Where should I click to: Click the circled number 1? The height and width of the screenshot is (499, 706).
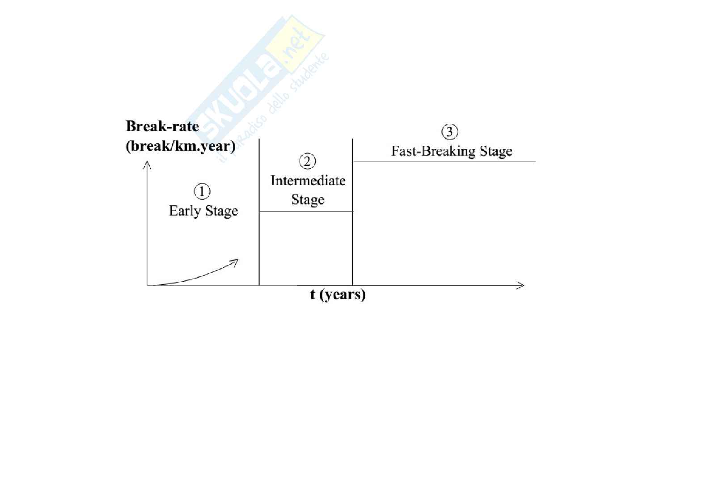(x=202, y=191)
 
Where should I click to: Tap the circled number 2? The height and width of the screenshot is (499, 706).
(x=307, y=161)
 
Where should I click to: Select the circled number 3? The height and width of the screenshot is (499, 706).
(x=450, y=132)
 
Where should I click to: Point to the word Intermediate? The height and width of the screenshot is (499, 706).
(x=308, y=181)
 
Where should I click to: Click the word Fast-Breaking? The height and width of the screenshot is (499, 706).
(x=433, y=151)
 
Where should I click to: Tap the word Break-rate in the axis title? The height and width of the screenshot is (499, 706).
(x=162, y=126)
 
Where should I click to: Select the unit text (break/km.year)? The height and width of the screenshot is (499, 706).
(x=181, y=146)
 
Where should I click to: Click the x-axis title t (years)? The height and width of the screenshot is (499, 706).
(x=338, y=295)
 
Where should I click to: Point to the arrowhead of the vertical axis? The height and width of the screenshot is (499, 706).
(x=147, y=162)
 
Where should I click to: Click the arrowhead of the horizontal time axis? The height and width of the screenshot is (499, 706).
(x=523, y=285)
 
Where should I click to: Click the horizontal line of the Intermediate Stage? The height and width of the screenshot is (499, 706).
(x=306, y=211)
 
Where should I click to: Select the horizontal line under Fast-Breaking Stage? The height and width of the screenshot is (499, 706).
(x=444, y=161)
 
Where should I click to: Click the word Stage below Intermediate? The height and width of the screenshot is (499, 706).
(x=308, y=200)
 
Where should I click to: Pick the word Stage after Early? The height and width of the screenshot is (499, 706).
(x=221, y=211)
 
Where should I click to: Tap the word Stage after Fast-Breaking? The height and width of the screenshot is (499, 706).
(x=496, y=151)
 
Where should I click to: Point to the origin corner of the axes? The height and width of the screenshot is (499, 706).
(x=147, y=285)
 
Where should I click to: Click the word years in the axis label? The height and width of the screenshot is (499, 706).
(x=342, y=295)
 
